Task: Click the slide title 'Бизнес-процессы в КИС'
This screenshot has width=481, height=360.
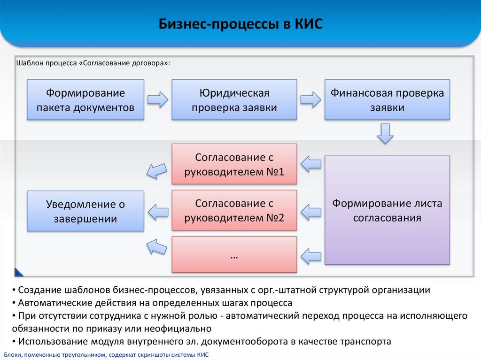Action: pyautogui.click(x=240, y=24)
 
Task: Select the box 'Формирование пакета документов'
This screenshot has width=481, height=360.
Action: pyautogui.click(x=85, y=100)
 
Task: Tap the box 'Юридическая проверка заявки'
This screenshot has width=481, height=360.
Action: pyautogui.click(x=234, y=100)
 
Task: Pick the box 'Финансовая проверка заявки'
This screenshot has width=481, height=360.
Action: pyautogui.click(x=387, y=100)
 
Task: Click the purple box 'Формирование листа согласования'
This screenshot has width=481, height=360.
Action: pyautogui.click(x=387, y=210)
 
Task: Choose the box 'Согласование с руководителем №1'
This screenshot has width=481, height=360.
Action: pyautogui.click(x=234, y=164)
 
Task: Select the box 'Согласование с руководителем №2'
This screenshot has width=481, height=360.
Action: pyautogui.click(x=234, y=210)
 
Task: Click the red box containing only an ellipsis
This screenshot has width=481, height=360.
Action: pyautogui.click(x=234, y=254)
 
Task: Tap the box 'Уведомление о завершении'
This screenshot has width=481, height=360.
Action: pyautogui.click(x=85, y=210)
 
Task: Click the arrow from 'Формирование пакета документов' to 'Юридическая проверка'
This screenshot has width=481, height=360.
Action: pyautogui.click(x=157, y=100)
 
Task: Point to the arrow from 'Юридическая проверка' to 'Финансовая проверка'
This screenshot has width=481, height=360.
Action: pyautogui.click(x=310, y=100)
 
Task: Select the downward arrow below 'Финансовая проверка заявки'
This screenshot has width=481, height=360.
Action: pyautogui.click(x=385, y=133)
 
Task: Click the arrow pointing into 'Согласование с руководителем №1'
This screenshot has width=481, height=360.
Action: pyautogui.click(x=310, y=164)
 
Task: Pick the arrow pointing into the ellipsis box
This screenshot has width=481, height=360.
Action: pyautogui.click(x=310, y=255)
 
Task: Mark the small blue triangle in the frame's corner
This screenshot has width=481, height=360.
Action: pyautogui.click(x=18, y=272)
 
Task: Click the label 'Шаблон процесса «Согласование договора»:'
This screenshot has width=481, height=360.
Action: pyautogui.click(x=93, y=63)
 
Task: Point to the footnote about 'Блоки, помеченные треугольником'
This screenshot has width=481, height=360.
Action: pyautogui.click(x=106, y=355)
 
